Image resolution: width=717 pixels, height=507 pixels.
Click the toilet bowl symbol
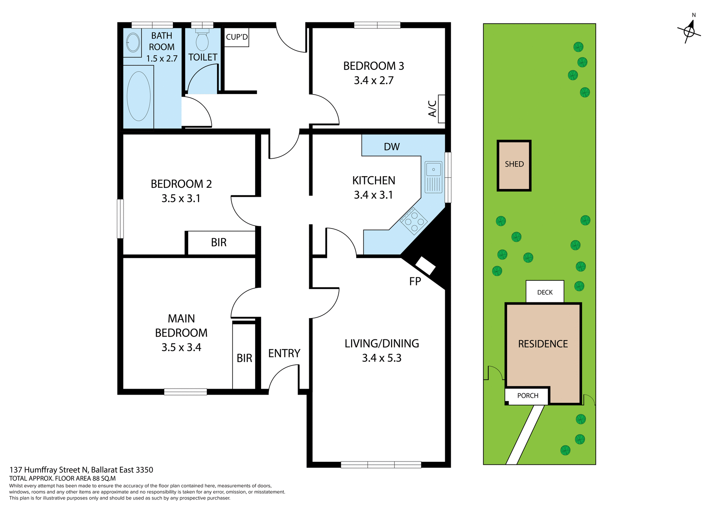tap(202, 41)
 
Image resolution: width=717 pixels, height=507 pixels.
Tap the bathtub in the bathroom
tap(139, 96)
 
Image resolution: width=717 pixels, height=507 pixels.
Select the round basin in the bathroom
tap(133, 42)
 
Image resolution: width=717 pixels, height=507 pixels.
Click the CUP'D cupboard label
tap(237, 37)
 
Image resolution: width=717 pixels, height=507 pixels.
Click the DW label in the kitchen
tap(392, 147)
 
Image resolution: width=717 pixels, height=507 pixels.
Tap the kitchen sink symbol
tap(433, 177)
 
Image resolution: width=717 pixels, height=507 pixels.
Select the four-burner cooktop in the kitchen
tap(414, 221)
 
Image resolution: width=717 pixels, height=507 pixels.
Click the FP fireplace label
tap(415, 281)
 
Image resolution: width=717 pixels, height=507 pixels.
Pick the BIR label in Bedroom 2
tap(218, 243)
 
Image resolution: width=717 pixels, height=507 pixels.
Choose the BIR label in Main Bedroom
tap(244, 358)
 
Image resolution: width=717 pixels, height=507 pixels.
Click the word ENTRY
tap(284, 353)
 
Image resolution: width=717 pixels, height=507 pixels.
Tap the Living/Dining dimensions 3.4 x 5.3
tap(381, 358)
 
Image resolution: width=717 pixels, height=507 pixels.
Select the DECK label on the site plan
tap(545, 292)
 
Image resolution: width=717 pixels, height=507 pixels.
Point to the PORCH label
tap(527, 396)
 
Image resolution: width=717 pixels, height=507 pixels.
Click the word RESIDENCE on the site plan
tap(543, 344)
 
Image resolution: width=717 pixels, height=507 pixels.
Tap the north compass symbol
tap(689, 31)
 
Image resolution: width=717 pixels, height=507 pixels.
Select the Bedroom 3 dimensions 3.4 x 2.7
tap(373, 80)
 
